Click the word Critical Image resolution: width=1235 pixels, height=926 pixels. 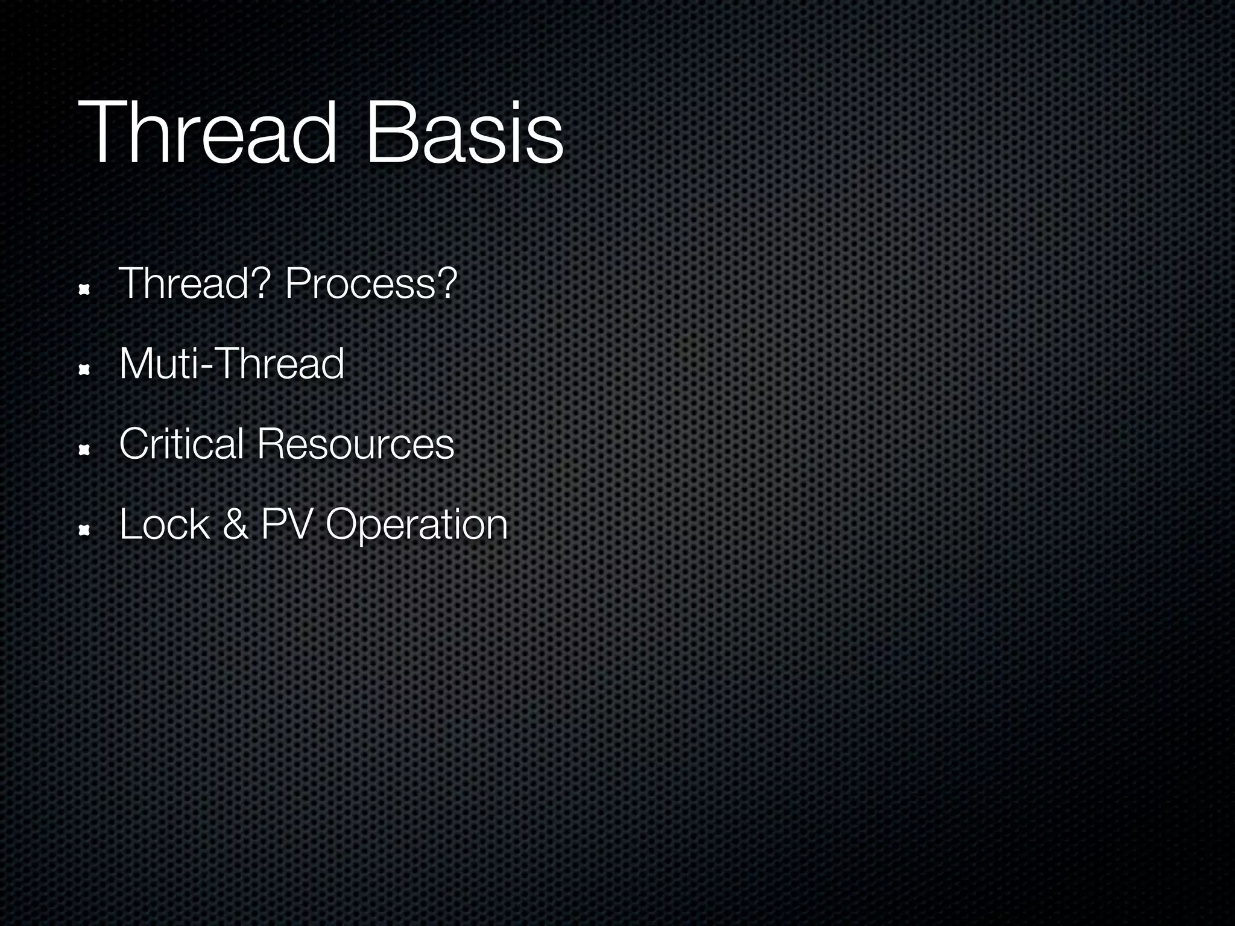tap(181, 444)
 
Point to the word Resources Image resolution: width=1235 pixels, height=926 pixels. tap(355, 444)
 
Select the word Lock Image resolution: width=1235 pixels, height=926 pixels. tap(164, 524)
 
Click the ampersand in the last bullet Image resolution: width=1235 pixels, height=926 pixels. tap(235, 524)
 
